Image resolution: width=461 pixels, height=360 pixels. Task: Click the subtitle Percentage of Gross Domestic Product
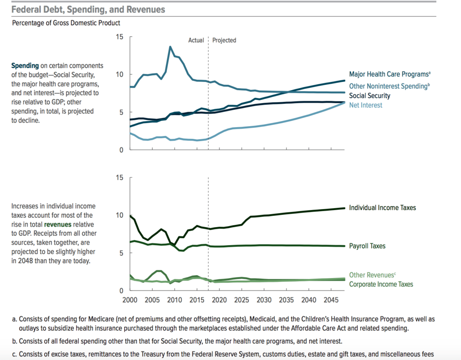click(66, 23)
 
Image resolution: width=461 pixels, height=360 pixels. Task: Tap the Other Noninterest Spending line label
click(388, 86)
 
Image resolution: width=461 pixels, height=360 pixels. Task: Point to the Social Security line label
click(370, 96)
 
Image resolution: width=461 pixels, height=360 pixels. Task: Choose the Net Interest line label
click(366, 105)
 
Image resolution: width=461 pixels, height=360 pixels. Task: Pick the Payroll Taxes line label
click(367, 246)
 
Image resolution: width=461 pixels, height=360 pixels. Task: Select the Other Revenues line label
click(372, 275)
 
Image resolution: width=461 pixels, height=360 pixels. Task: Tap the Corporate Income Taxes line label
click(381, 284)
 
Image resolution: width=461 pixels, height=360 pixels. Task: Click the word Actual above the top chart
click(196, 40)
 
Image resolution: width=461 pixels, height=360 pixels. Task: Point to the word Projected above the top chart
click(224, 40)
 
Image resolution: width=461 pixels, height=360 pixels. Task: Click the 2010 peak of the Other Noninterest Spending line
click(170, 46)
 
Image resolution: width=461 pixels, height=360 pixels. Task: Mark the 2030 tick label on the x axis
click(264, 300)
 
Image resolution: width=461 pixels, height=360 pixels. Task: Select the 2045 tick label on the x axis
click(331, 300)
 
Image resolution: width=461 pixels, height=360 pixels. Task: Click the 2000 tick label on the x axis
click(130, 300)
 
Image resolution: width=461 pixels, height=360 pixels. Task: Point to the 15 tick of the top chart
click(120, 36)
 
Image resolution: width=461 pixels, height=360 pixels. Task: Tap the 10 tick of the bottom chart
click(120, 215)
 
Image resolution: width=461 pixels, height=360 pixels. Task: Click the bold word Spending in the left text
click(25, 66)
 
